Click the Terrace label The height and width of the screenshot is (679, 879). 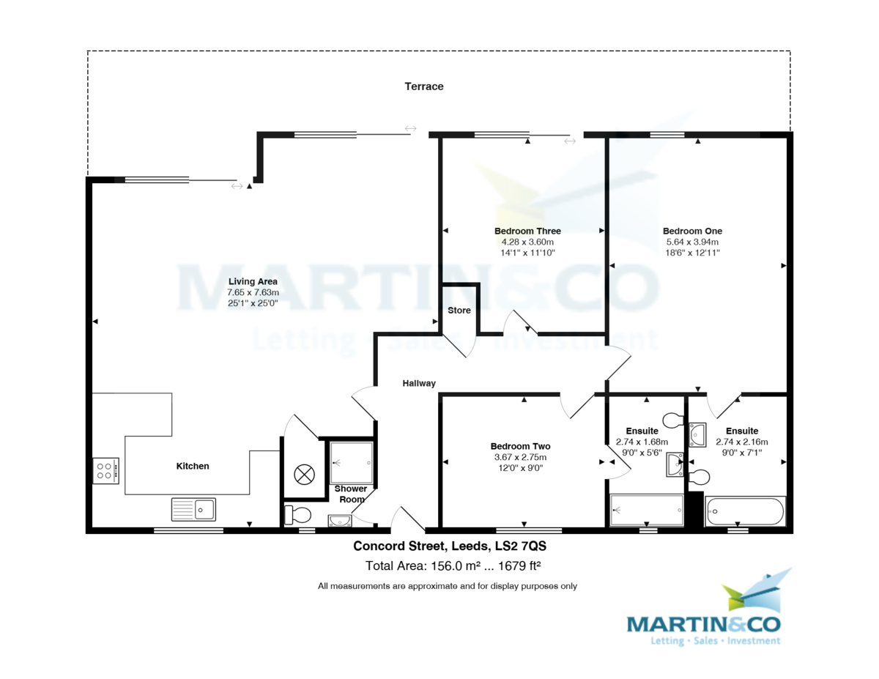pos(424,86)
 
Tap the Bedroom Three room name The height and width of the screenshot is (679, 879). pos(527,231)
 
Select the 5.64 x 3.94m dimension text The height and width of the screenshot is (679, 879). pos(692,242)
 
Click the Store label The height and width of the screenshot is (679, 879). pos(459,310)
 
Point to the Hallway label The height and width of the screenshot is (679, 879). pos(419,383)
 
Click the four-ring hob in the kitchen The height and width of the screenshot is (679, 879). pos(106,471)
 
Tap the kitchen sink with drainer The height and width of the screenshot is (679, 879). pos(193,509)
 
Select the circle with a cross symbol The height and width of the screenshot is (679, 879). pos(304,475)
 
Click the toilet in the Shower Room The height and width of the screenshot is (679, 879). pos(297,515)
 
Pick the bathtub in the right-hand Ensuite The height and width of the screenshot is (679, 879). pos(745,511)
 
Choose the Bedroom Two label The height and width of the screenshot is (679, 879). pos(520,446)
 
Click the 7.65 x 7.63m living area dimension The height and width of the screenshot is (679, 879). pos(253,292)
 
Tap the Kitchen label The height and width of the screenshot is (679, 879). pos(193,466)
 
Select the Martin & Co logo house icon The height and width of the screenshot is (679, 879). pos(756,590)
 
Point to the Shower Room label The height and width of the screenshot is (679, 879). pos(351,494)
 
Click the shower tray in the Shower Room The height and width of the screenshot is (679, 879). pos(351,463)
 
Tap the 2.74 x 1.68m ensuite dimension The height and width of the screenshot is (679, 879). pos(642,442)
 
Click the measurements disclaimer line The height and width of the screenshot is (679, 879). pos(448,586)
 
